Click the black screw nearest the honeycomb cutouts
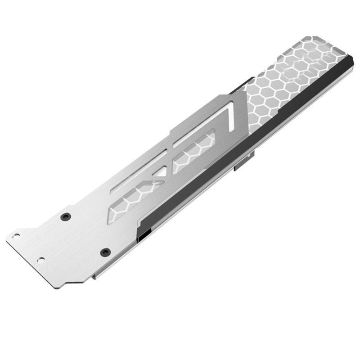[67, 217]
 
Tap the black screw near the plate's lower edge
[105, 252]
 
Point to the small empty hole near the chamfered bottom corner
[41, 260]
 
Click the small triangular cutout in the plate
[160, 171]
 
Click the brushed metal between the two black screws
[85, 234]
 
